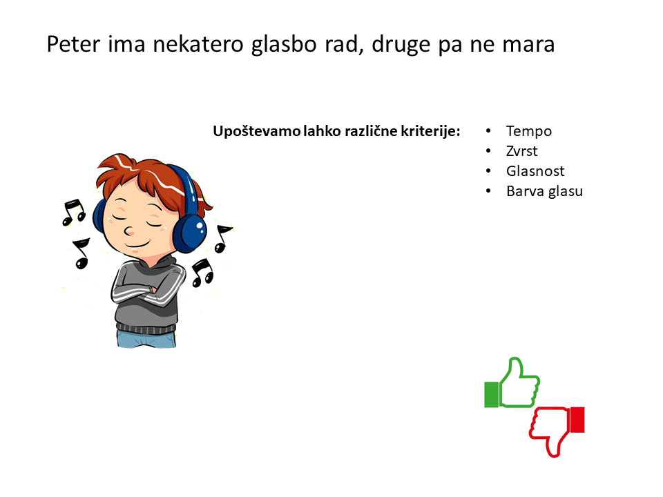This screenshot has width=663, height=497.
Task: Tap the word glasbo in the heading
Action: point(284,46)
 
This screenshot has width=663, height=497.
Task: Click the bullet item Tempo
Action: point(529,131)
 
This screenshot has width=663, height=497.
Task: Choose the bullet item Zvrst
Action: point(522,151)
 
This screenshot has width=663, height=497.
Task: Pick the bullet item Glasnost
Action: point(535,170)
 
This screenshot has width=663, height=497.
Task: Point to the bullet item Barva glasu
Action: point(545,191)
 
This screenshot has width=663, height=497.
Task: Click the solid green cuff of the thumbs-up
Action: point(491,395)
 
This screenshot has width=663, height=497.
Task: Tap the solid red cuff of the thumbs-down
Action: point(577,420)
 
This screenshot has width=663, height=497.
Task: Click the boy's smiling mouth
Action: point(138,244)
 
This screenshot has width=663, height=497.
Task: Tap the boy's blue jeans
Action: point(146,340)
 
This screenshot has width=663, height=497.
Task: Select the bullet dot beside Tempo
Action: point(488,131)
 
